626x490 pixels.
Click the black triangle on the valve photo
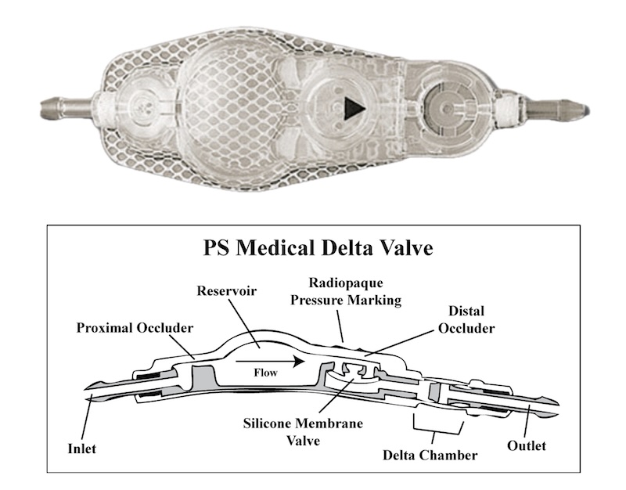[354, 108]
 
